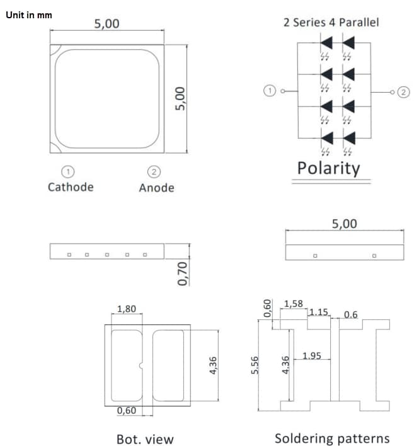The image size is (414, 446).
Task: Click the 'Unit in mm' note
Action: click(29, 14)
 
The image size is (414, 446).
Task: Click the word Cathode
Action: click(71, 187)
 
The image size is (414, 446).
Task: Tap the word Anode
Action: click(156, 188)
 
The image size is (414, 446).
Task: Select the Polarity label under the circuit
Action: click(328, 169)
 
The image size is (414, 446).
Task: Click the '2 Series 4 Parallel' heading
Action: click(331, 23)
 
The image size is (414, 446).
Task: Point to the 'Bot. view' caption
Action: click(145, 439)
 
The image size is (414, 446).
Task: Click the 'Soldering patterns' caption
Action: click(332, 438)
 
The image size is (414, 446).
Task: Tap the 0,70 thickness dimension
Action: click(183, 273)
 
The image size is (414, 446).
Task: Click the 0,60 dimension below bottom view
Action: click(126, 411)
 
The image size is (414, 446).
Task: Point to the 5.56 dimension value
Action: click(255, 365)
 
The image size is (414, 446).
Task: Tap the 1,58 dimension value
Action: click(294, 304)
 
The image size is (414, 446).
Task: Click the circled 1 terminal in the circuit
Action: click(269, 91)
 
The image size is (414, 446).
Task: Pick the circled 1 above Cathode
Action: click(68, 171)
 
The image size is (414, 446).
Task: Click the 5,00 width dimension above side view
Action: click(344, 224)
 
